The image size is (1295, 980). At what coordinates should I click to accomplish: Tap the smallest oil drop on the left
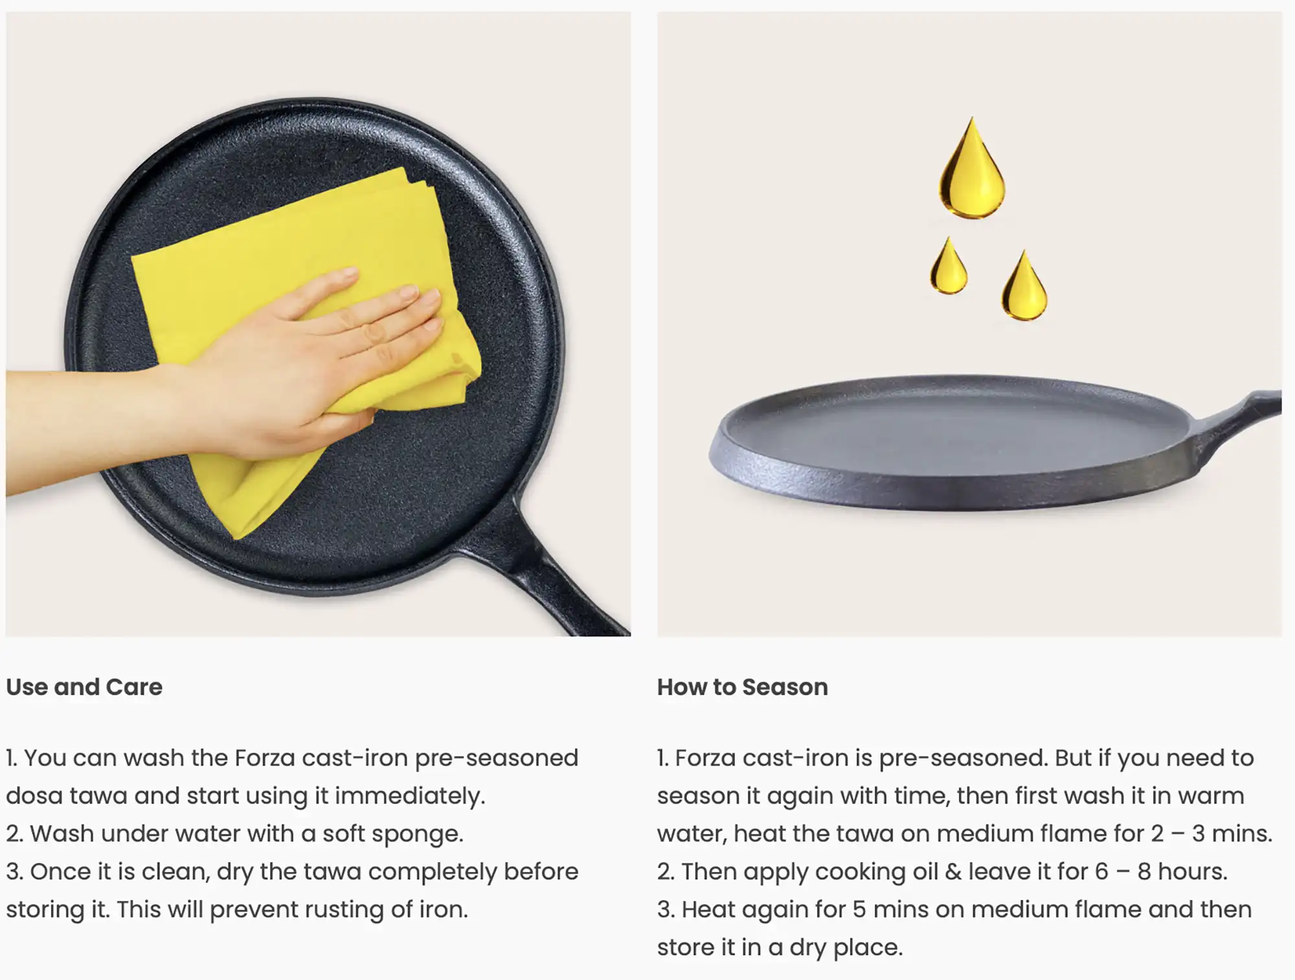949,269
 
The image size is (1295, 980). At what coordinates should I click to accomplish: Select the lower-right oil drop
1024,288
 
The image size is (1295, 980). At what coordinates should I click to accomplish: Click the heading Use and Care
84,687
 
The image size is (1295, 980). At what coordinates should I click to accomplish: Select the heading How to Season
743,687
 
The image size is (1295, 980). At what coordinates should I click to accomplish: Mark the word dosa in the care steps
34,796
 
